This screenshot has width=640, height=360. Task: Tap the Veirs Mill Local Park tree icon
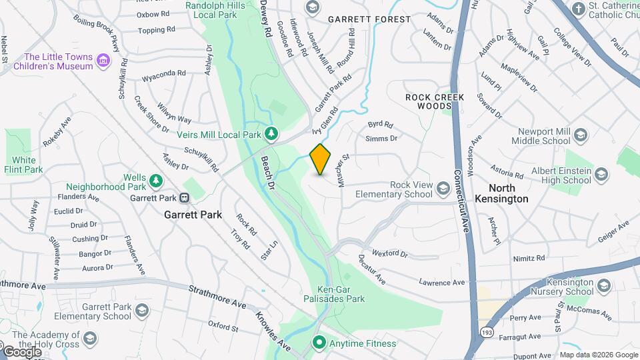pos(271,134)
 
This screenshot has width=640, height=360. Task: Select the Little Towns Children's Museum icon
pos(103,61)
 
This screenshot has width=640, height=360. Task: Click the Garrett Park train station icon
pos(185,197)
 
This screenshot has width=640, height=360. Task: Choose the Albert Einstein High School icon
pos(601,175)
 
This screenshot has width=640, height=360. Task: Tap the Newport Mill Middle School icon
pos(581,136)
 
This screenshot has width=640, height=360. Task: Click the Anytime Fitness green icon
pos(319,343)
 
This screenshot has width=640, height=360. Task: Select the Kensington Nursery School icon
pos(603,286)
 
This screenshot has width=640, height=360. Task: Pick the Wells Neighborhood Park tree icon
pos(155,180)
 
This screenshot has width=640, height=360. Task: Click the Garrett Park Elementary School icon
pos(141,311)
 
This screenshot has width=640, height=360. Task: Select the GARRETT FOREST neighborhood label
pos(369,19)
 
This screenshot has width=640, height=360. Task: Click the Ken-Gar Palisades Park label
pos(341,294)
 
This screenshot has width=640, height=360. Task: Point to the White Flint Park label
pos(24,165)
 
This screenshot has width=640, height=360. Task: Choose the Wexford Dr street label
pos(390,253)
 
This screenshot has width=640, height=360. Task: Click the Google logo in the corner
pos(22,351)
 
